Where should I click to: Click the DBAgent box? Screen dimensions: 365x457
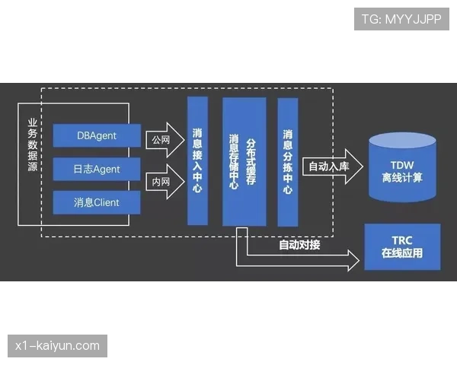tap(97, 136)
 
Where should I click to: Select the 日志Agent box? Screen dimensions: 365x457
tap(97, 169)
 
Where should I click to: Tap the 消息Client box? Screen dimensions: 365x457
tap(97, 202)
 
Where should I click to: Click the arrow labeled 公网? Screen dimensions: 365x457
tap(165, 140)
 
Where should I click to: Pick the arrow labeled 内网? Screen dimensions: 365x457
tap(165, 182)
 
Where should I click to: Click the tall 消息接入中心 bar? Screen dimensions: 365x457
tap(197, 160)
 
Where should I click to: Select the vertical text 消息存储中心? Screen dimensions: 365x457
tap(234, 161)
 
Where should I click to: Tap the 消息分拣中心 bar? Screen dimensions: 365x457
tap(287, 161)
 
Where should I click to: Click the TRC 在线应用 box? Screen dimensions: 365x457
tap(402, 246)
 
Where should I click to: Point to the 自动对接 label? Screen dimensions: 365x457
tap(299, 245)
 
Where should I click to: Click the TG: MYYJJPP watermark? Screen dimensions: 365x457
tap(401, 19)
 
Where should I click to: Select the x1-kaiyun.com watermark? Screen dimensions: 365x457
tap(57, 346)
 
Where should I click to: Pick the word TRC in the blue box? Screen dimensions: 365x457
tap(402, 240)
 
